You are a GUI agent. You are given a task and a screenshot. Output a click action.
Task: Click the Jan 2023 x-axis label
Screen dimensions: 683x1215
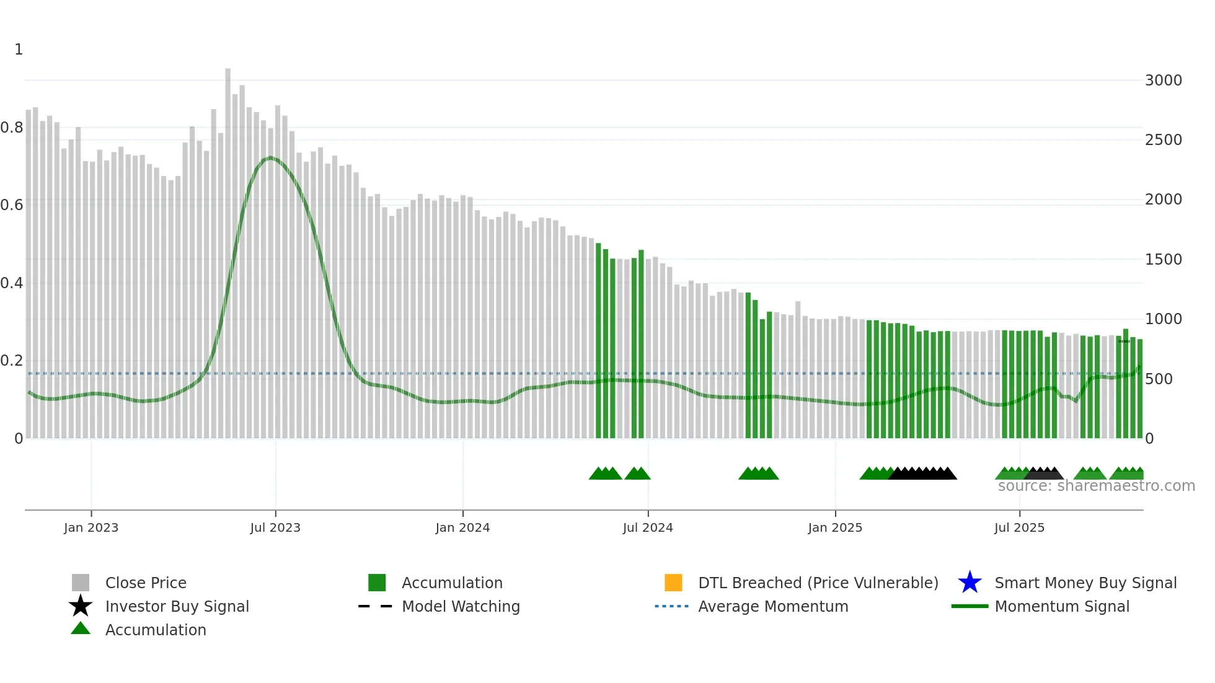coord(91,527)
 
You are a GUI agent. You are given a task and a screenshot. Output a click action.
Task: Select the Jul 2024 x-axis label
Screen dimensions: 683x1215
coord(648,527)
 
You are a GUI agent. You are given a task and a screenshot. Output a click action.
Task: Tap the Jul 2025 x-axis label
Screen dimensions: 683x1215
coord(1019,527)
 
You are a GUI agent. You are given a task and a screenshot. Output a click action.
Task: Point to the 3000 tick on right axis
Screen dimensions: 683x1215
coord(1163,81)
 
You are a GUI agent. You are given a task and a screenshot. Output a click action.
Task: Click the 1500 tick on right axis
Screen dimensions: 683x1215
coord(1163,260)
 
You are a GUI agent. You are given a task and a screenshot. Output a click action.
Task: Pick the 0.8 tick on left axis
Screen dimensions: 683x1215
coord(12,128)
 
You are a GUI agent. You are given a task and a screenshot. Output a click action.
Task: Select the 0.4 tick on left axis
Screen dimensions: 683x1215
coord(12,283)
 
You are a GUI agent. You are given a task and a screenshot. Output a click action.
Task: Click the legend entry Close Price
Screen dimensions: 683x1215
coord(146,583)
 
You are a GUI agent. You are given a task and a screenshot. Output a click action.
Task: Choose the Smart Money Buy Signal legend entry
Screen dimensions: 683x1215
coord(1085,583)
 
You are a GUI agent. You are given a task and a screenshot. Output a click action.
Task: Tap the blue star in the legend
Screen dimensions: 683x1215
coord(970,583)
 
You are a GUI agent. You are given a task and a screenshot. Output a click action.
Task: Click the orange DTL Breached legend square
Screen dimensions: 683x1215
coord(673,583)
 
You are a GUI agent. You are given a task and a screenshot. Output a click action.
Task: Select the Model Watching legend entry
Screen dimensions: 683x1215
coord(461,606)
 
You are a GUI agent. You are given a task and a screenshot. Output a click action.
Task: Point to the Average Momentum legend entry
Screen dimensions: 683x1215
coord(772,606)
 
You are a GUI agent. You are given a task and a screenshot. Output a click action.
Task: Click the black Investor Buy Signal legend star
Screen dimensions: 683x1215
coord(81,606)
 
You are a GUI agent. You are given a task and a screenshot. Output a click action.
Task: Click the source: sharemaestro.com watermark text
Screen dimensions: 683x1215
coord(1096,486)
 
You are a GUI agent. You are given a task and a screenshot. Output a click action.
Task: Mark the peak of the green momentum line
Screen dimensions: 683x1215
coord(270,158)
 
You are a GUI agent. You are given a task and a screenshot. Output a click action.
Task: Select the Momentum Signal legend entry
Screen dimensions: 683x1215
coord(1061,606)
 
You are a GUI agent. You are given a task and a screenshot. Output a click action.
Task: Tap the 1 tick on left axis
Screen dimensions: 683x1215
coord(19,50)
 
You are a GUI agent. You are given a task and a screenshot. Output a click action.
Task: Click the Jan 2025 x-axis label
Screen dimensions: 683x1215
coord(834,527)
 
